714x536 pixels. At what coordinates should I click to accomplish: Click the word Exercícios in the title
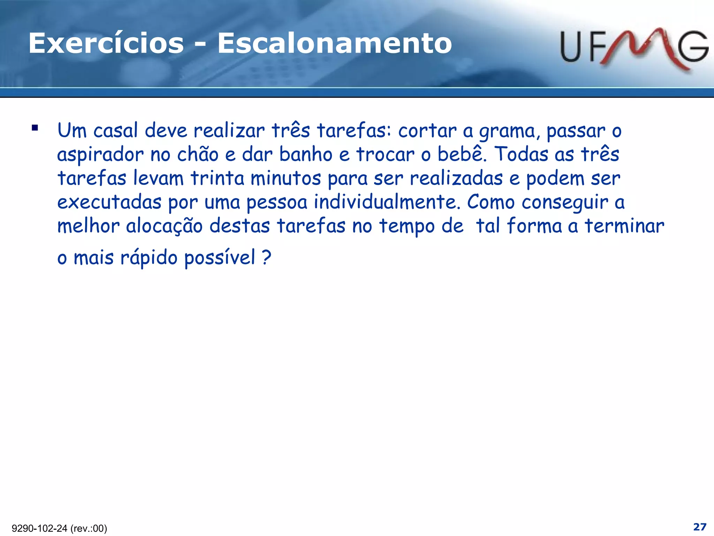106,44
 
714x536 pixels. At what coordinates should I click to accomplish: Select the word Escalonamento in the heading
335,44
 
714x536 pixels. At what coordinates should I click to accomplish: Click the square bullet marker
35,128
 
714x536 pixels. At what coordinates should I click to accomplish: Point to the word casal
116,131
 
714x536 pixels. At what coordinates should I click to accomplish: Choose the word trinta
217,178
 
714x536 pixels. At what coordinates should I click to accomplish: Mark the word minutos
286,178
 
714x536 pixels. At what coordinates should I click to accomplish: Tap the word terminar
624,226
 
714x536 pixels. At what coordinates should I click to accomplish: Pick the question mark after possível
266,258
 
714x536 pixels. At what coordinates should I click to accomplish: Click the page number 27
700,527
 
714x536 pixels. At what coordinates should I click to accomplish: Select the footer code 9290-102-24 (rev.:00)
59,528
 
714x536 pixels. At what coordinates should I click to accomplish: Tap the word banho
306,155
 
